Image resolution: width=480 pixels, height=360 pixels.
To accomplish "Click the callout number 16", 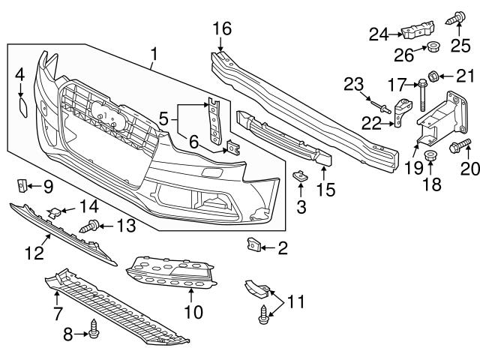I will point(221,29).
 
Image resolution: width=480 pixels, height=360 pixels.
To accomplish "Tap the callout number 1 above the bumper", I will point(154,54).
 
